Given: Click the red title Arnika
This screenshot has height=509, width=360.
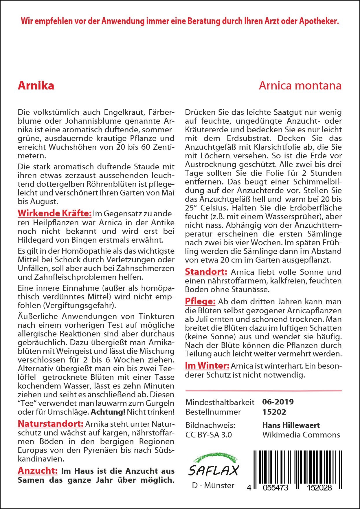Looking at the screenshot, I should tap(36, 86).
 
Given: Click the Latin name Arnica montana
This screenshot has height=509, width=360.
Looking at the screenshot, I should tap(300, 86).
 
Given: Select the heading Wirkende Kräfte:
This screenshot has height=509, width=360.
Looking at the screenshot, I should tap(55, 213).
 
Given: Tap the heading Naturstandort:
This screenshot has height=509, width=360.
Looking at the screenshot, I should tap(51, 424).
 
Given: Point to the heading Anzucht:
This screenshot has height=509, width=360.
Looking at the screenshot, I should tap(38, 471).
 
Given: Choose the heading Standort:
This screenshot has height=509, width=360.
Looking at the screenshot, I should tap(206, 272).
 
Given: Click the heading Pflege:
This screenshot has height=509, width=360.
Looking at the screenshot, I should tap(200, 302).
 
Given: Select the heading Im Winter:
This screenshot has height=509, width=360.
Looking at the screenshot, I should tap(207, 366).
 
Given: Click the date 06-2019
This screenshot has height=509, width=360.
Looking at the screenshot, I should tap(278, 402).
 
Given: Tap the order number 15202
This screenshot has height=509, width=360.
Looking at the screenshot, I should tap(274, 412).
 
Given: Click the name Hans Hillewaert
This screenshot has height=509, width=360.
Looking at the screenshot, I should tap(291, 425).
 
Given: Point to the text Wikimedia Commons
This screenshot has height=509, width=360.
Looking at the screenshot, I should tap(301, 435).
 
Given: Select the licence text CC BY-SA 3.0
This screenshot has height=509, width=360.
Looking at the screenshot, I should tap(209, 435).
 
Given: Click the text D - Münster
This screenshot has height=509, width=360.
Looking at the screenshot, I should tap(213, 486).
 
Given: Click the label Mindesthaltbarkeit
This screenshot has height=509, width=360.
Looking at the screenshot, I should tap(220, 402).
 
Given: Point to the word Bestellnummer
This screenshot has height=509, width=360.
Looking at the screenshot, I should tap(213, 412).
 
